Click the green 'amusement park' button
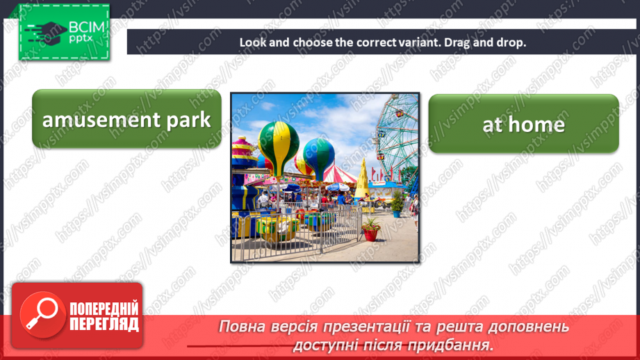126,120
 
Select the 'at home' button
523,124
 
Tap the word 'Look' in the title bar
253,42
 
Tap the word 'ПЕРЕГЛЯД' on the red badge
104,324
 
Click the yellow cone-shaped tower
363,179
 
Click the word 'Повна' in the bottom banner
243,327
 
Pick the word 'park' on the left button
188,120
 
